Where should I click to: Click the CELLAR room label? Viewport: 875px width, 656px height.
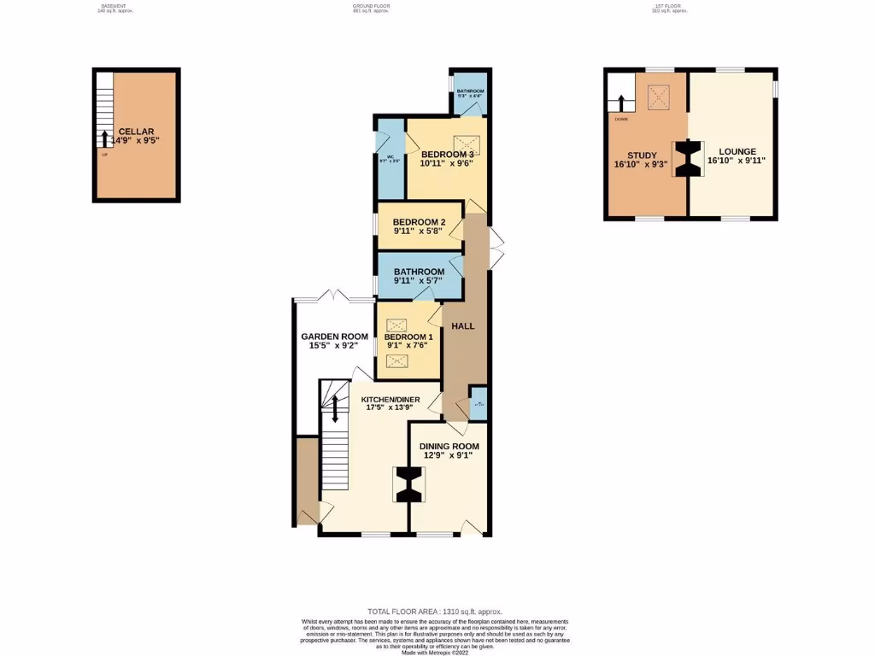136,132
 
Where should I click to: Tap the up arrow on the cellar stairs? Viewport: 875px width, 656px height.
105,139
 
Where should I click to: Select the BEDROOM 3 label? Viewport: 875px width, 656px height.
447,154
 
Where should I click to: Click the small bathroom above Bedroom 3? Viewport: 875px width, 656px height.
470,95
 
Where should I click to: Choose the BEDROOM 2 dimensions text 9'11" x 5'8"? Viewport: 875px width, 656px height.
419,231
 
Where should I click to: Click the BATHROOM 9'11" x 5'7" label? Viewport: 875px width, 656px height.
419,272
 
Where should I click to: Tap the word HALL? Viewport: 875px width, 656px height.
462,325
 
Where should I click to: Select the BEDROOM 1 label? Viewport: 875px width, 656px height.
408,337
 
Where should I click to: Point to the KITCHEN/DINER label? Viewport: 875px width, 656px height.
390,400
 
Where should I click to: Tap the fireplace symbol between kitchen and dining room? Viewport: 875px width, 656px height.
409,485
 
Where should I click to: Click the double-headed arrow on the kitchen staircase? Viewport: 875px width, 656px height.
335,408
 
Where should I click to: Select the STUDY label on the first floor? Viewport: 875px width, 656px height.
642,155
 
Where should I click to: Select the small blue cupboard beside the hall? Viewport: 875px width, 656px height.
479,403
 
